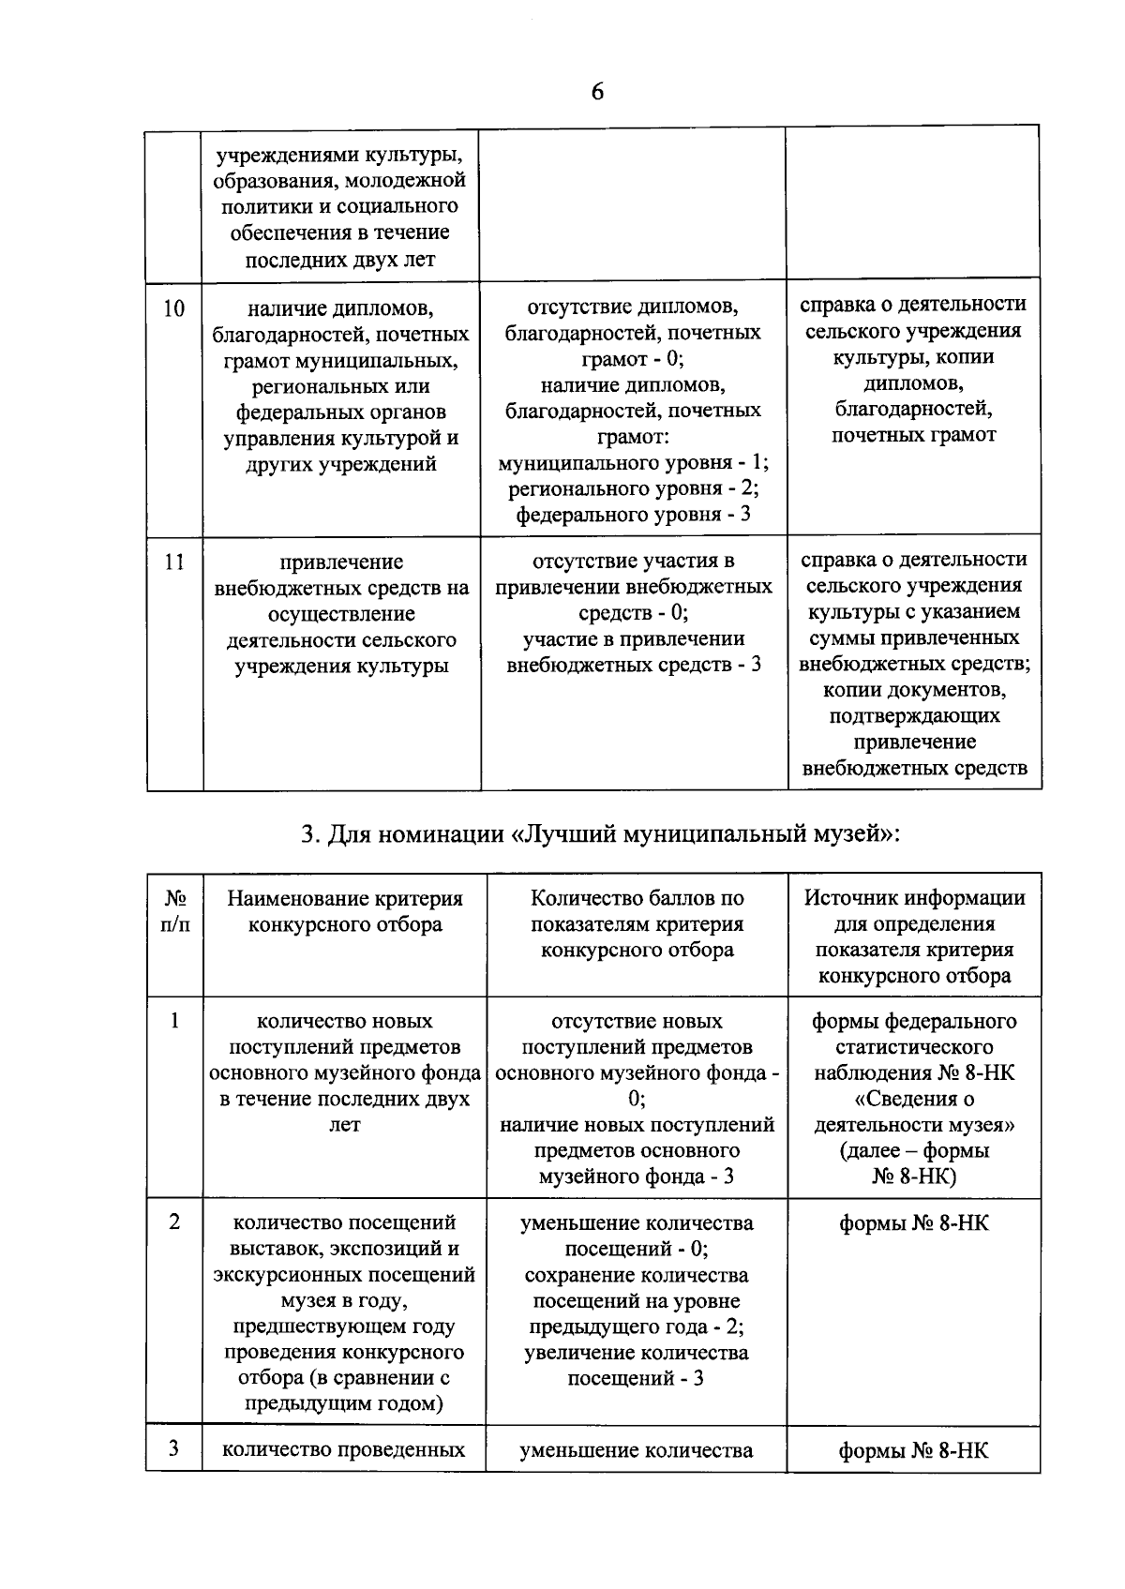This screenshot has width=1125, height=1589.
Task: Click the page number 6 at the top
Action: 597,92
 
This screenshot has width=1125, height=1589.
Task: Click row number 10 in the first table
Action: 174,308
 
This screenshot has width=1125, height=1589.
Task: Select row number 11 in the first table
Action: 174,562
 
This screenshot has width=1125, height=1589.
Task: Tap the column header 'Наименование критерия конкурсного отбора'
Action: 345,911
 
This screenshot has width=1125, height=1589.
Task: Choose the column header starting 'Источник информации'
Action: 914,937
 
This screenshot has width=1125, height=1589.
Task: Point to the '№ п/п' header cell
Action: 175,911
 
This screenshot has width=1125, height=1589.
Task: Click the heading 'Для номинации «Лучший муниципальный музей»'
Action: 600,833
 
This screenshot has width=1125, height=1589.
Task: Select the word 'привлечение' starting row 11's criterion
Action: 341,562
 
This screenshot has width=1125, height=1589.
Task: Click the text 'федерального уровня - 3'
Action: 633,515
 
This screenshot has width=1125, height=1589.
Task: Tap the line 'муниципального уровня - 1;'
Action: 634,463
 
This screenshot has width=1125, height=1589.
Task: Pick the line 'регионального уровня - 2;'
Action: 633,488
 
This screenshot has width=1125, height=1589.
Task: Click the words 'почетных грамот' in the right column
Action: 913,435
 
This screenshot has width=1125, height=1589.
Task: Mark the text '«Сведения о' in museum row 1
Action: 914,1098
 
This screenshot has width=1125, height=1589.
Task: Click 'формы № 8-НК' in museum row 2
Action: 914,1223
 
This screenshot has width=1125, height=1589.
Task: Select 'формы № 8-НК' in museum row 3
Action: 914,1451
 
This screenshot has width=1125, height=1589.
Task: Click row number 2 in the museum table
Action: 174,1222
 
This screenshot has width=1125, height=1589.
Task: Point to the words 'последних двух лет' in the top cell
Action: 339,260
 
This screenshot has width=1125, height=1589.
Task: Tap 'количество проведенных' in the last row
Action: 343,1450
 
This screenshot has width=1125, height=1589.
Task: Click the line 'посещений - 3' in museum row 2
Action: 636,1378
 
